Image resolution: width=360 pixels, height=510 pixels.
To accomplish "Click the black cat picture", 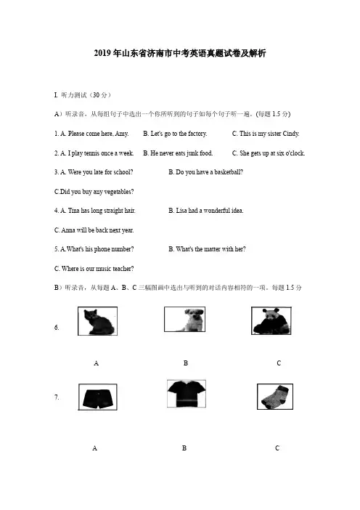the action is point(97,321).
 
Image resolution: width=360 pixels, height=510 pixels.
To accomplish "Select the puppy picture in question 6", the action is point(184,319).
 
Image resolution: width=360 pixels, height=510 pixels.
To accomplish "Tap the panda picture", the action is point(271,320).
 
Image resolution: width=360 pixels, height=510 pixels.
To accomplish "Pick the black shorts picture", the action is point(98,397).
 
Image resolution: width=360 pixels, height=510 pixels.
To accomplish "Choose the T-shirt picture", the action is point(187,394).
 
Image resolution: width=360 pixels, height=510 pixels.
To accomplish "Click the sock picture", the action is point(275,397).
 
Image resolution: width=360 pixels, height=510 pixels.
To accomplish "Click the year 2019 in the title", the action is point(102,53).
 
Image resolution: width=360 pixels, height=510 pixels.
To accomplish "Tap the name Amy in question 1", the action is point(121,134).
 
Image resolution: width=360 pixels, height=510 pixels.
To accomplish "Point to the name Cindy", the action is point(291,134).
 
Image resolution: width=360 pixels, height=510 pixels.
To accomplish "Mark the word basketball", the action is point(229,172).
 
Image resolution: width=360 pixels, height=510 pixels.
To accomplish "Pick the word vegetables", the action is point(119,192).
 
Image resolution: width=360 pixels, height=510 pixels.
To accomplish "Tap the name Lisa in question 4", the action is point(181,211).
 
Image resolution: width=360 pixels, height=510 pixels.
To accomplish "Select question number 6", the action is point(57,328).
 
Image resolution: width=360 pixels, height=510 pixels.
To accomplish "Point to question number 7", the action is point(57,397).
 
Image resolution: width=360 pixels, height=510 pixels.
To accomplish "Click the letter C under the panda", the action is point(279,363).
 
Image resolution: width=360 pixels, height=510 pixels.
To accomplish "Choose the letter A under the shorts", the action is point(95,448).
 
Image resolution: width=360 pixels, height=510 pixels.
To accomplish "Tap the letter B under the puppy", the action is point(186,363).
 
